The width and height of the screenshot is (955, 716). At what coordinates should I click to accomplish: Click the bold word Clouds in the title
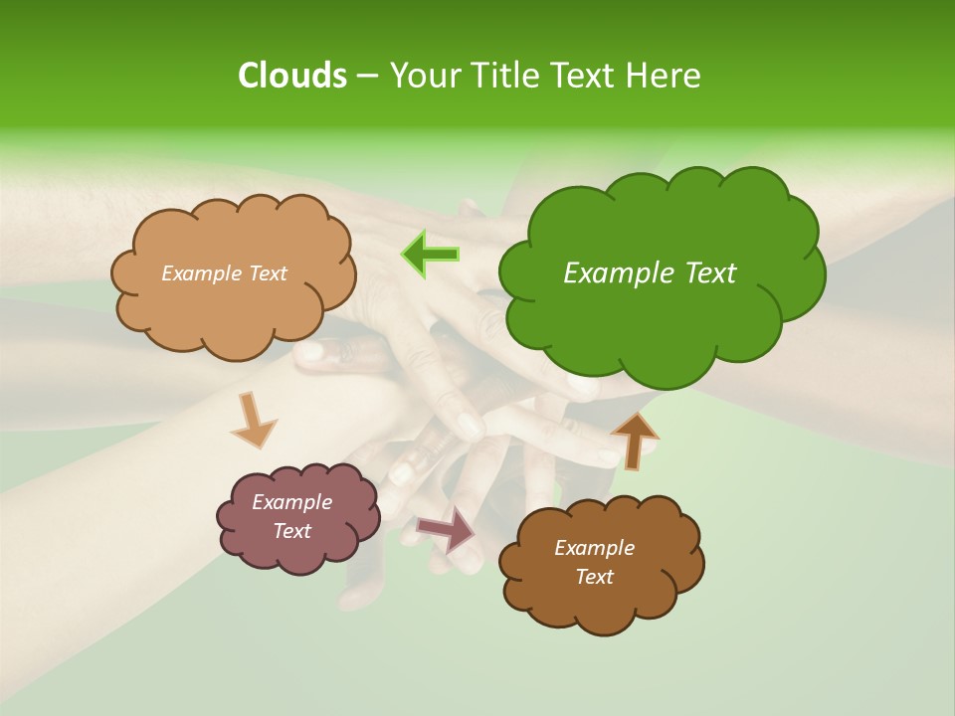(x=291, y=76)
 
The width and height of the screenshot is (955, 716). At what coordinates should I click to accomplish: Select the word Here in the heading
(x=664, y=76)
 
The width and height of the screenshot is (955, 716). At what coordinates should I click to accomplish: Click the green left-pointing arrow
(x=431, y=255)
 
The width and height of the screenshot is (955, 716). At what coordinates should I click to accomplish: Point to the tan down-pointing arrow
(x=253, y=420)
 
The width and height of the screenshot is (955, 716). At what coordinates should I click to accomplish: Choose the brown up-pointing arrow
(x=635, y=440)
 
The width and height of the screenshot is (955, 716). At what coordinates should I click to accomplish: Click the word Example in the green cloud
(x=613, y=273)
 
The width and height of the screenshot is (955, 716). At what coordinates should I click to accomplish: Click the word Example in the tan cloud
(x=201, y=273)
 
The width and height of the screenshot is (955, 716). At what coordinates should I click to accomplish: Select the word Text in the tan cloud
(x=267, y=273)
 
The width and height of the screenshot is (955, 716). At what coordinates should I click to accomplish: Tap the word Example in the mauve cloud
(x=291, y=502)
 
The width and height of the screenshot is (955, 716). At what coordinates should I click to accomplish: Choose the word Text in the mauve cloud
(x=291, y=531)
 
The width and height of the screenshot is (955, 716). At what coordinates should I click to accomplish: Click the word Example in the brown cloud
(x=594, y=548)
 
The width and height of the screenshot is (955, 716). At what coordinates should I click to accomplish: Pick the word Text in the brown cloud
(x=594, y=577)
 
